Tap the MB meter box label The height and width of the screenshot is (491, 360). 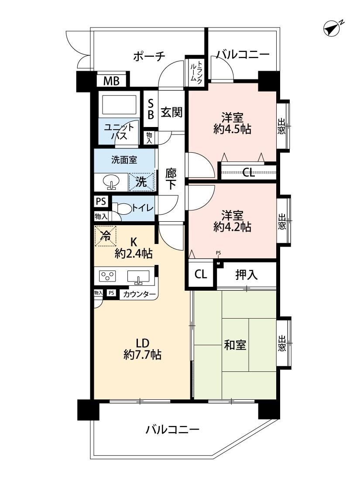[x=111, y=81]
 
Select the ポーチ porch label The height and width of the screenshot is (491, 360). [x=149, y=56]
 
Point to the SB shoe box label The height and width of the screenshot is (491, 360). [x=151, y=109]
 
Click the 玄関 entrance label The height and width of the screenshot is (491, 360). [x=171, y=112]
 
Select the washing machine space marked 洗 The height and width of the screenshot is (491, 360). [x=141, y=182]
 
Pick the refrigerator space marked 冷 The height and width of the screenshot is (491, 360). [x=106, y=236]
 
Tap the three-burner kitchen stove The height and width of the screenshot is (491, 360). [x=107, y=275]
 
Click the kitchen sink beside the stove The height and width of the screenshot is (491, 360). [x=138, y=277]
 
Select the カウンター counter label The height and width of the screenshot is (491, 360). [x=139, y=294]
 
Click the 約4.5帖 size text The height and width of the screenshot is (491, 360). [x=232, y=129]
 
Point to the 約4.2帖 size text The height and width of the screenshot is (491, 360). [x=232, y=227]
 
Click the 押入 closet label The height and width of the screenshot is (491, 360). [x=247, y=275]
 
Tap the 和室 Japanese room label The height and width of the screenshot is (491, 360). [x=235, y=345]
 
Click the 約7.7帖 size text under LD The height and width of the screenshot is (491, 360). [x=143, y=355]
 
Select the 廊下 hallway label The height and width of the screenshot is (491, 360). [x=171, y=179]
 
